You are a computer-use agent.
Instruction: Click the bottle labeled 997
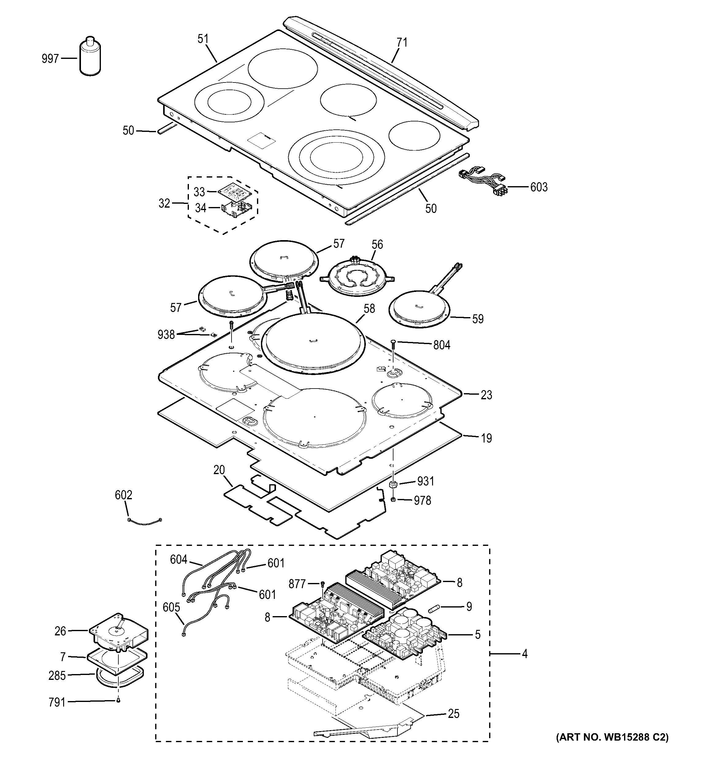pos(90,57)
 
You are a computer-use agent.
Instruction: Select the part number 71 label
pos(402,43)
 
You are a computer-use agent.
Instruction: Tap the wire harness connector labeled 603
pos(483,180)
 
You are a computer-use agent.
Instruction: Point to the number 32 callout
pos(164,204)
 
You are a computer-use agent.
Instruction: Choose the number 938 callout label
pos(166,335)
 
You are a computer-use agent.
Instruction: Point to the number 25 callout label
pos(454,714)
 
